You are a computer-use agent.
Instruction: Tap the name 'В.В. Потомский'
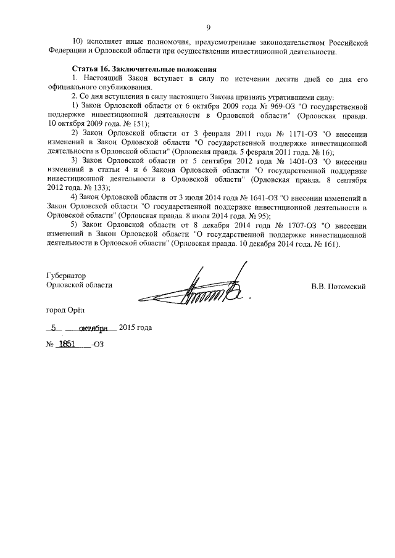[339, 285]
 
